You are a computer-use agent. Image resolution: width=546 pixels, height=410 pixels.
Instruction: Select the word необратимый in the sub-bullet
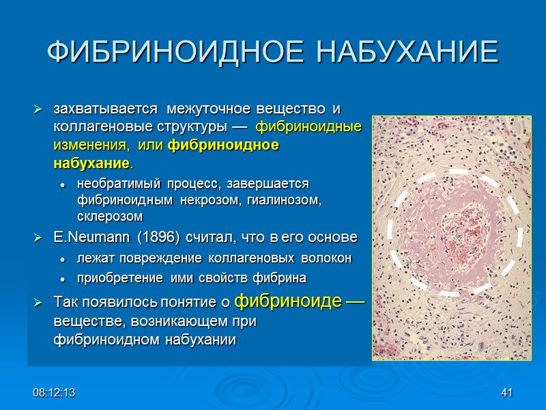pyautogui.click(x=114, y=185)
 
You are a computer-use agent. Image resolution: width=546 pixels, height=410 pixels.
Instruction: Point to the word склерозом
pyautogui.click(x=110, y=217)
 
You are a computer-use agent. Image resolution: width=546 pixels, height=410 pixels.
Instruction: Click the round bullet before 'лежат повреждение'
pyautogui.click(x=63, y=259)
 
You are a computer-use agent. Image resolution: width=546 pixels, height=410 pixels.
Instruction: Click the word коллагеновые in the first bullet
pyautogui.click(x=93, y=127)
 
